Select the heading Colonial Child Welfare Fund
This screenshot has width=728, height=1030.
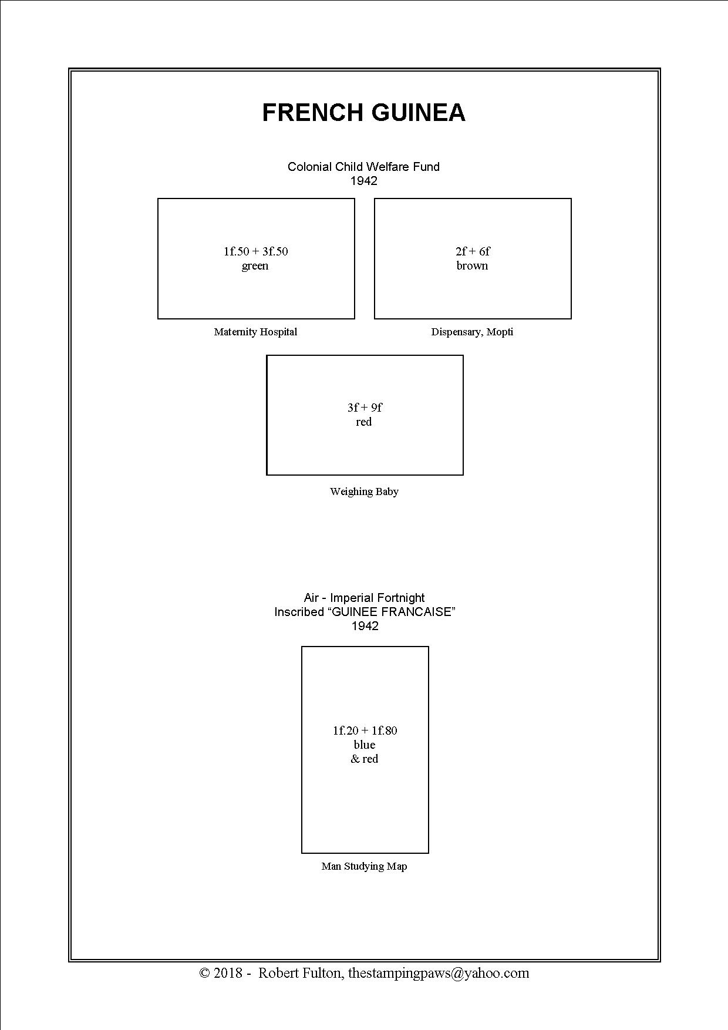[363, 167]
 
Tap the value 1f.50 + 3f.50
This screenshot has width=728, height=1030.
[255, 251]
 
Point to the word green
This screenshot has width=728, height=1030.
[255, 266]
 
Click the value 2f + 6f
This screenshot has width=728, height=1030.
[473, 251]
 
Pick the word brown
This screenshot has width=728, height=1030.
[472, 265]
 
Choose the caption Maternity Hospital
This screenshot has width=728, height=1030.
[255, 332]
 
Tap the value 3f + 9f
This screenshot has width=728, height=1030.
[365, 408]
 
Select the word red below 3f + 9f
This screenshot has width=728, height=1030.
[364, 422]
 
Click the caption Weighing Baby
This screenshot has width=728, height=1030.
[364, 492]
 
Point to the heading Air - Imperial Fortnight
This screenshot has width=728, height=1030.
[364, 598]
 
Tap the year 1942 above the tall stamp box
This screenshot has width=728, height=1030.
[365, 626]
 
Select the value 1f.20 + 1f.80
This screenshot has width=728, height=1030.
[365, 731]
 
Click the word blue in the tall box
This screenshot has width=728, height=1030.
[364, 745]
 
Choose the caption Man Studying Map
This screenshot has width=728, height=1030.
[364, 866]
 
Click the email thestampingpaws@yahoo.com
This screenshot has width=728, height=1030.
[439, 973]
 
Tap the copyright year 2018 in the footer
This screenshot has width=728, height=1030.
[228, 973]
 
